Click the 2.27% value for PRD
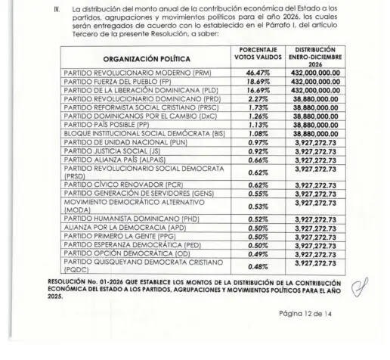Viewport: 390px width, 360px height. [250, 98]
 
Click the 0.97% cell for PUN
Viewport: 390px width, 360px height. [250, 144]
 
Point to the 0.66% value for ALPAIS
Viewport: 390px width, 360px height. [250, 163]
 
